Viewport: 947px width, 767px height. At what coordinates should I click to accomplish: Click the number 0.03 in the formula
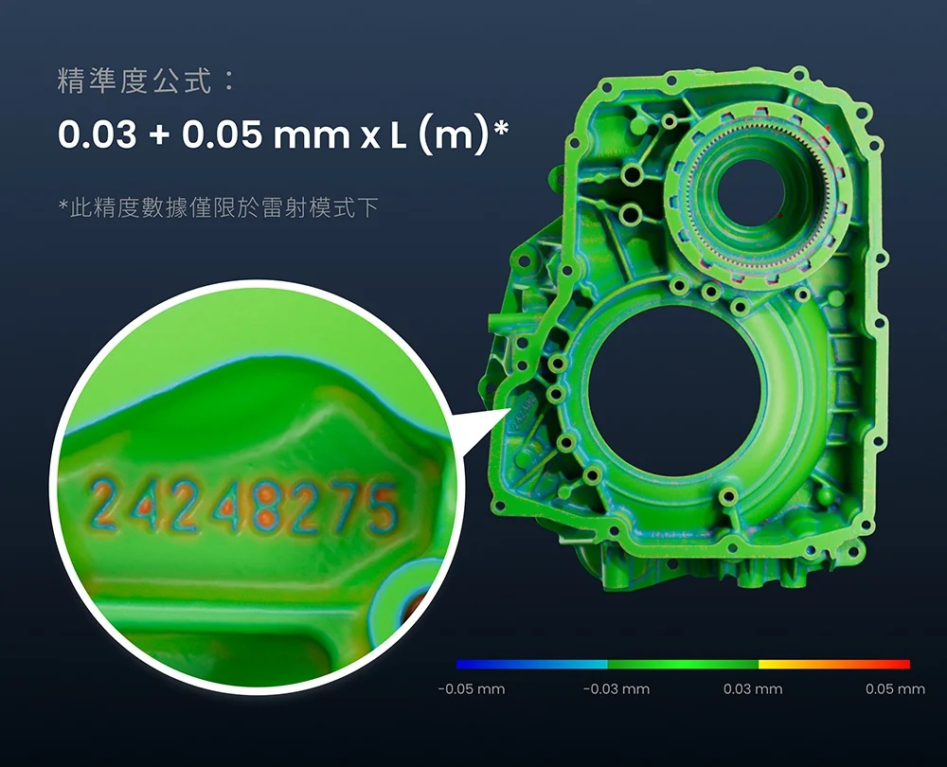(x=98, y=134)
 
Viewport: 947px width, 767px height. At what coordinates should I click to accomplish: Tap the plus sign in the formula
(x=159, y=135)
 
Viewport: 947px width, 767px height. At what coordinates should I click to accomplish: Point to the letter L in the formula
(x=398, y=135)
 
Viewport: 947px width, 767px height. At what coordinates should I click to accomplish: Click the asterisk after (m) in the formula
(x=501, y=128)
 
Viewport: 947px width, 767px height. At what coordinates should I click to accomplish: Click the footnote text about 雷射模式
(x=218, y=207)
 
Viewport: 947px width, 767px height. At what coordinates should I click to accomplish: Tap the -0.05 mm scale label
(x=471, y=689)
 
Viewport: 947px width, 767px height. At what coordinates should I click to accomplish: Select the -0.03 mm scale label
(x=616, y=689)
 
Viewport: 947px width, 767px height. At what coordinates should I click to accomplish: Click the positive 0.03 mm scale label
(x=753, y=689)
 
